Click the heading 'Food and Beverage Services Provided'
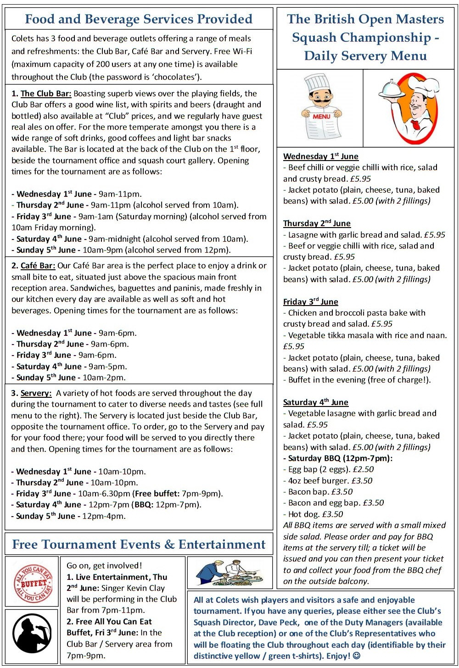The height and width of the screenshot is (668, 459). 139,19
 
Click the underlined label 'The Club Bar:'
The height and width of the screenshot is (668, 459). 46,94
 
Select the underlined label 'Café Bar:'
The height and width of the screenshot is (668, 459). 38,266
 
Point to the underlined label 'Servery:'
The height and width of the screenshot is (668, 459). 36,393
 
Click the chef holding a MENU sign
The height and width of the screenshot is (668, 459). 320,107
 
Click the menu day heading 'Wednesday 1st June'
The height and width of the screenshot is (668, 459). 320,156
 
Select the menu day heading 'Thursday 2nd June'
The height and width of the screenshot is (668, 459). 317,223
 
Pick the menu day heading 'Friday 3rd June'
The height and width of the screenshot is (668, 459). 310,302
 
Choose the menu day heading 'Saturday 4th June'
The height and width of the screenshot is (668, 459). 315,402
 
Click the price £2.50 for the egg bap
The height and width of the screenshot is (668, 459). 363,469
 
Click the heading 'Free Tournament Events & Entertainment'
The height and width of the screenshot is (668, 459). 139,545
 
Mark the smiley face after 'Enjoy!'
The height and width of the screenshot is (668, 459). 357,656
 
